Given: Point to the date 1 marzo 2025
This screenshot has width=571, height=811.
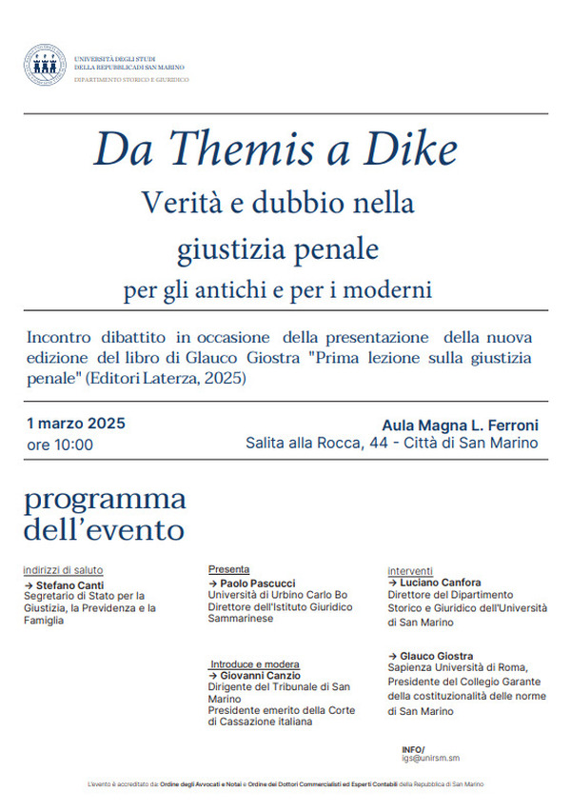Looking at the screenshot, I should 76,424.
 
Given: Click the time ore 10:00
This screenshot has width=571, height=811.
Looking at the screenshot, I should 60,445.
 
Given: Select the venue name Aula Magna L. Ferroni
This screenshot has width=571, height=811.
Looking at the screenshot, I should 460,425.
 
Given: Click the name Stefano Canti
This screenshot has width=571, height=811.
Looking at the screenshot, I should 69,584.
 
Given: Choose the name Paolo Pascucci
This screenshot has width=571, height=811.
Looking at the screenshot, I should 256,582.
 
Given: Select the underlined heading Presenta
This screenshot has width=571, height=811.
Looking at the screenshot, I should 228,569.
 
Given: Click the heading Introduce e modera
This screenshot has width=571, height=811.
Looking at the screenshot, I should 254,663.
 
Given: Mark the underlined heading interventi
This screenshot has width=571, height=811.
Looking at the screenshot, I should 410,570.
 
